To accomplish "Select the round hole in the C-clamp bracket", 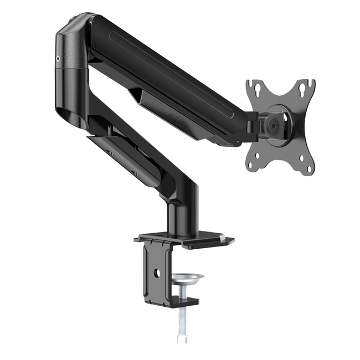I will (x=157, y=272).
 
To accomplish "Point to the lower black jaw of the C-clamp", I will (x=169, y=302).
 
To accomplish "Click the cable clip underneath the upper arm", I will (x=152, y=102).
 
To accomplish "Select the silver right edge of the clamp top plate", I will (x=229, y=240).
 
